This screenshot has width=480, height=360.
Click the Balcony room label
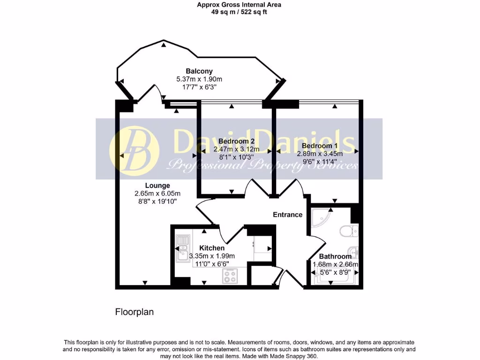pos(196,71)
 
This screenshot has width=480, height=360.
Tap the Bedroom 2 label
pos(236,141)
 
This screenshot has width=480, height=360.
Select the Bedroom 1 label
pos(320,146)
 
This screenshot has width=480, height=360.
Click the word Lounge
pos(157,186)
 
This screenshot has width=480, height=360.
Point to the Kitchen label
pos(212,248)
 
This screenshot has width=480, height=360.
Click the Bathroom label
pos(335,256)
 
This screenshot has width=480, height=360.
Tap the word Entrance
pos(288,215)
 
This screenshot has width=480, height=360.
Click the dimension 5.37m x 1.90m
pos(196,79)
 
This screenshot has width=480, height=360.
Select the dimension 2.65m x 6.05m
pos(157,193)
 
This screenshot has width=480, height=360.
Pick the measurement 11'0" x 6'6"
pos(212,263)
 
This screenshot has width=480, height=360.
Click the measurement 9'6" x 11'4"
pos(320,161)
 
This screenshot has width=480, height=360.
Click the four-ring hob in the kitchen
pos(231,277)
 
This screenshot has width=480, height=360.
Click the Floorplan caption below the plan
pos(135,311)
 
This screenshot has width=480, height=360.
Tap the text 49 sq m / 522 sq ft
pos(240,12)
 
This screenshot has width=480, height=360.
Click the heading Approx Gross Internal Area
pos(240,5)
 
